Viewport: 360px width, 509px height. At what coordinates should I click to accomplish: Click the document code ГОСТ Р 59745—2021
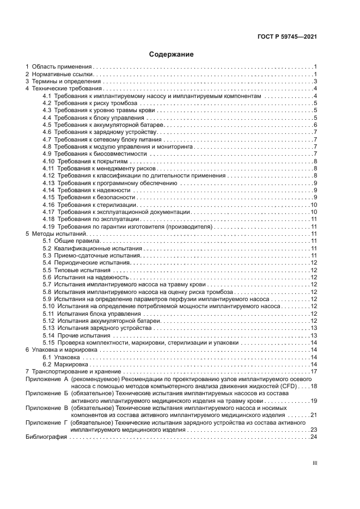coord(287,37)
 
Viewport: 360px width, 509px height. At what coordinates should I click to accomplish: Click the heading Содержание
coord(171,54)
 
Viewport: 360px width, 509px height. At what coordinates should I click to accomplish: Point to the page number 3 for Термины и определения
coord(315,81)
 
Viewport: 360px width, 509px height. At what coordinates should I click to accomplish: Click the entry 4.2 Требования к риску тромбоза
coord(89,103)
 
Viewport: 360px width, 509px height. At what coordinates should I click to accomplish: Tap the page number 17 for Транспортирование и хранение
coord(314,371)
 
